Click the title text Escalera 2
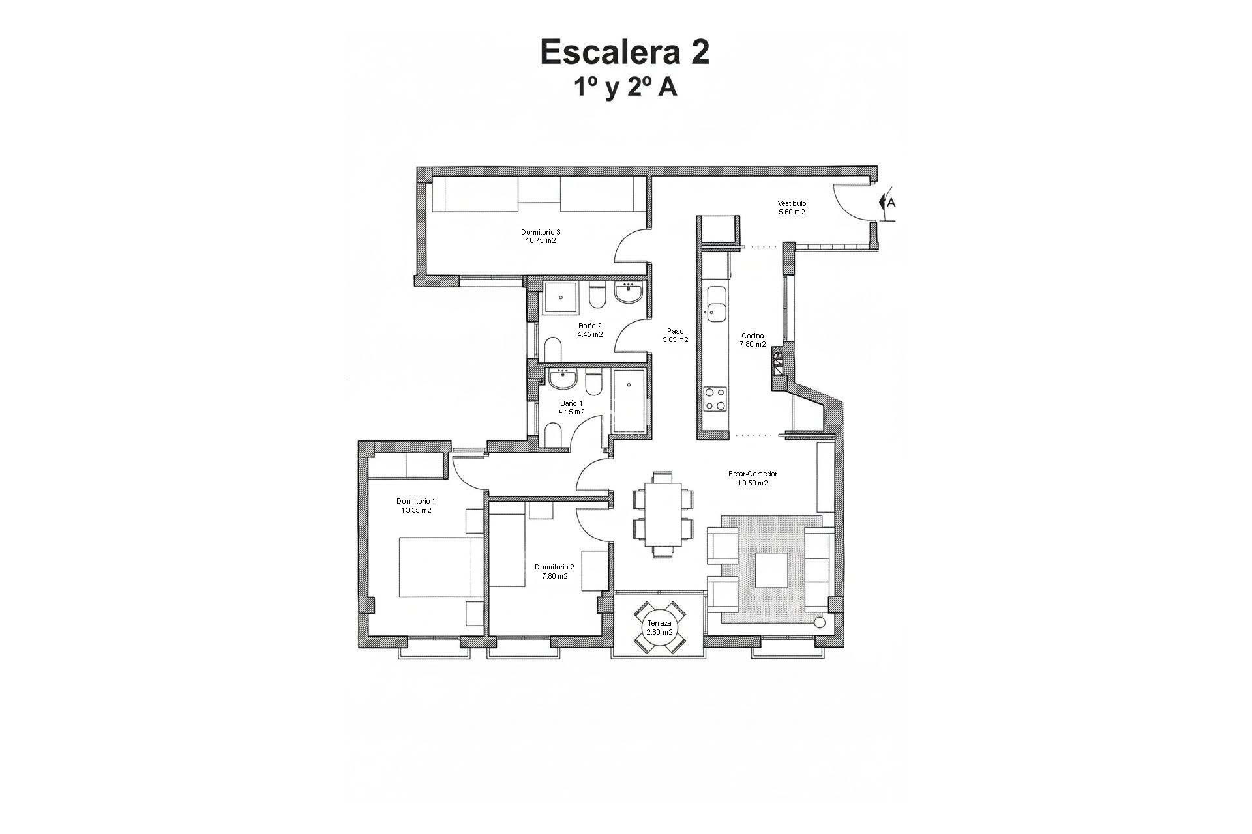(x=625, y=52)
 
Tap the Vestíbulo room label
(x=792, y=203)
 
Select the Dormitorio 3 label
(x=541, y=232)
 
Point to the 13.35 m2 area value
(x=416, y=510)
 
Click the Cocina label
(x=753, y=336)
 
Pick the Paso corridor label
(x=675, y=331)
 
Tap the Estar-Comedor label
(x=753, y=474)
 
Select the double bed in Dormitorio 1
(x=441, y=567)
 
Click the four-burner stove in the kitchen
(x=715, y=399)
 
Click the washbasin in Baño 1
(x=561, y=377)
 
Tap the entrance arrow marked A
(x=887, y=203)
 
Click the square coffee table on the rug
(x=771, y=569)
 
